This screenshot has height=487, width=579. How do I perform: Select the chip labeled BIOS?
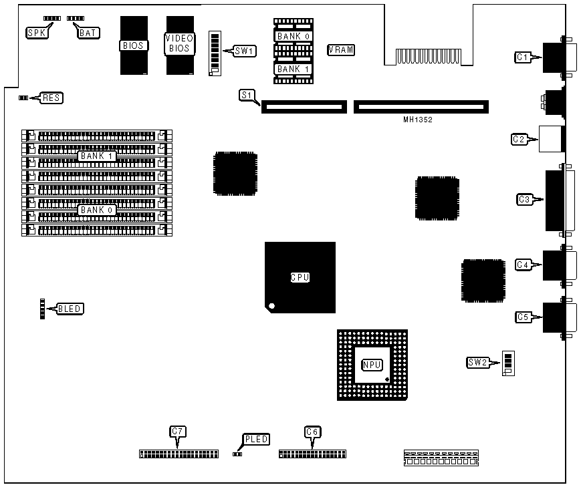[134, 45]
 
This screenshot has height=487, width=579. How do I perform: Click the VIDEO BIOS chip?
[179, 43]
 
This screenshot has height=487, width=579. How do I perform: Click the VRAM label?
[341, 50]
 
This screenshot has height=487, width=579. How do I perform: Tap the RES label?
[51, 98]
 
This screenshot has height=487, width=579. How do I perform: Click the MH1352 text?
[418, 120]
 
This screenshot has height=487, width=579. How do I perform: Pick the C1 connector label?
[523, 57]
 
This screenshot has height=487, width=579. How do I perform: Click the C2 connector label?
[519, 139]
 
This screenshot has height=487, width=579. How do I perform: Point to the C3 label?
[525, 198]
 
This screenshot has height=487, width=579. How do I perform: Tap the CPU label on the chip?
[300, 277]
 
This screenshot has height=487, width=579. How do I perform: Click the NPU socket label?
[371, 365]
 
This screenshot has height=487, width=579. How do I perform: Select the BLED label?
[70, 309]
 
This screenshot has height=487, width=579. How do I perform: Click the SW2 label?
[477, 363]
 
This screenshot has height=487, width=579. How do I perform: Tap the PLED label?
[257, 439]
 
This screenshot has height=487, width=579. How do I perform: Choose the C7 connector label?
[177, 432]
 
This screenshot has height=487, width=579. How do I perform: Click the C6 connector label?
[312, 432]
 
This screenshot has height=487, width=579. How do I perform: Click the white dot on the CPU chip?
[271, 307]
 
